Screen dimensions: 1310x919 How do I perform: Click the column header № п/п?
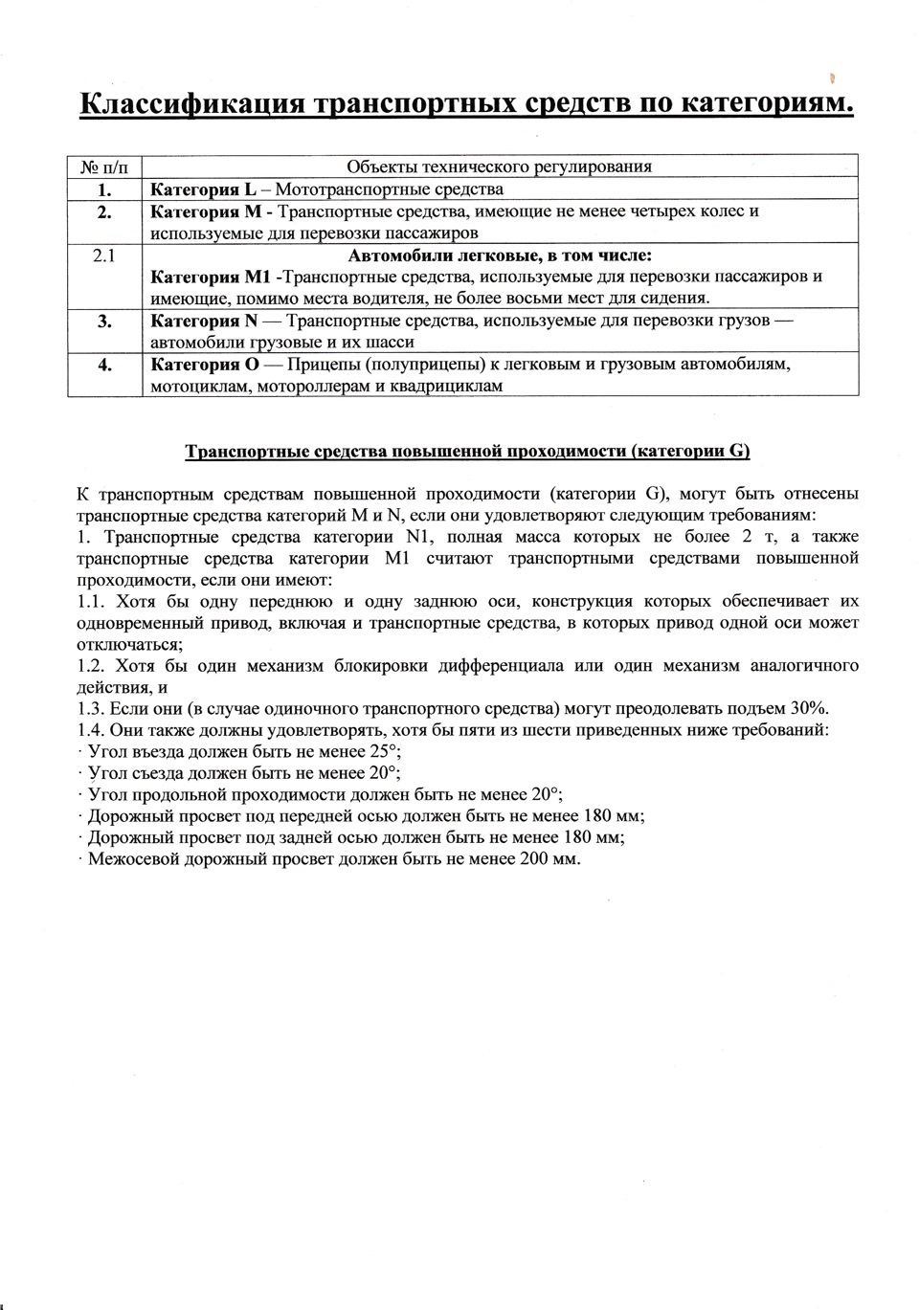point(103,167)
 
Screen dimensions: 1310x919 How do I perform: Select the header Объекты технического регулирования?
point(499,167)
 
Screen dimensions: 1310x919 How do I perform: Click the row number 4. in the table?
point(104,365)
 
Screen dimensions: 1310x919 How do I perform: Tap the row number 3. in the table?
point(104,322)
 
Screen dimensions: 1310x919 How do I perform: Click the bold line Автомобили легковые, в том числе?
point(499,255)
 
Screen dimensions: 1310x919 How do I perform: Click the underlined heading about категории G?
point(467,451)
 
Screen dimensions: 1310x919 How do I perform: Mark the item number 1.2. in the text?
point(93,666)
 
